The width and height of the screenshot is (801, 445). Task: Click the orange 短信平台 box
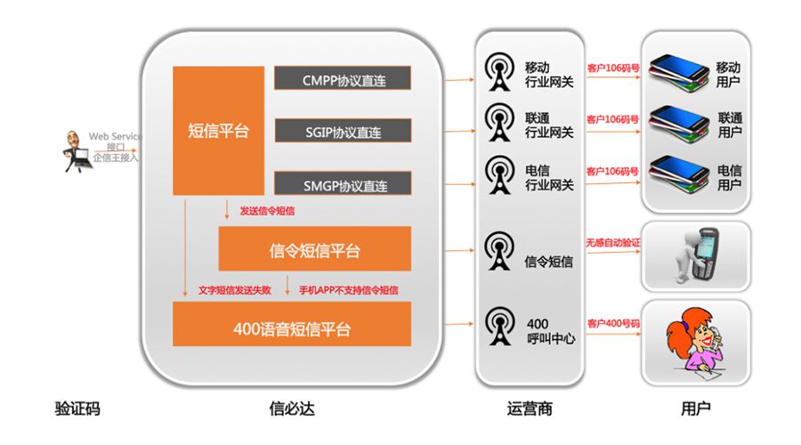tap(218, 130)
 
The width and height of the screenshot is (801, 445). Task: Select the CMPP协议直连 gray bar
tap(343, 78)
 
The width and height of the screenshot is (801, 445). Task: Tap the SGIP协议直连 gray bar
tap(343, 131)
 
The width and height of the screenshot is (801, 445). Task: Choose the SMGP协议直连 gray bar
tap(343, 184)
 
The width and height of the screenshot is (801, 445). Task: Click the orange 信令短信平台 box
tap(314, 248)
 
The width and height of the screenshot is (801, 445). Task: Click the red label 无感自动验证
tap(613, 242)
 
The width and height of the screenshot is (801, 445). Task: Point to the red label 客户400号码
tap(613, 322)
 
